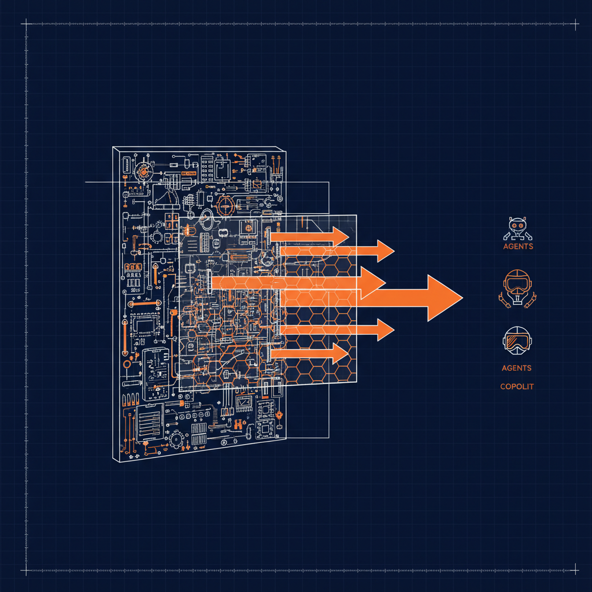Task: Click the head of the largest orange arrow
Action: [444, 297]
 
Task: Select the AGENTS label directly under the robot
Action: [517, 246]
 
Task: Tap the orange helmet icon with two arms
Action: [517, 287]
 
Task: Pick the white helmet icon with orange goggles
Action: [517, 340]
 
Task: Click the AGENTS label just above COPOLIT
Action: [517, 368]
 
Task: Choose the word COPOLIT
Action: [517, 386]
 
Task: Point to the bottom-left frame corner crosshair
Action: [25, 570]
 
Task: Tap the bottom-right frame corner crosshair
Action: [575, 570]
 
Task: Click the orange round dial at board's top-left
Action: [143, 172]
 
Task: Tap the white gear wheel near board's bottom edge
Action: [176, 441]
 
